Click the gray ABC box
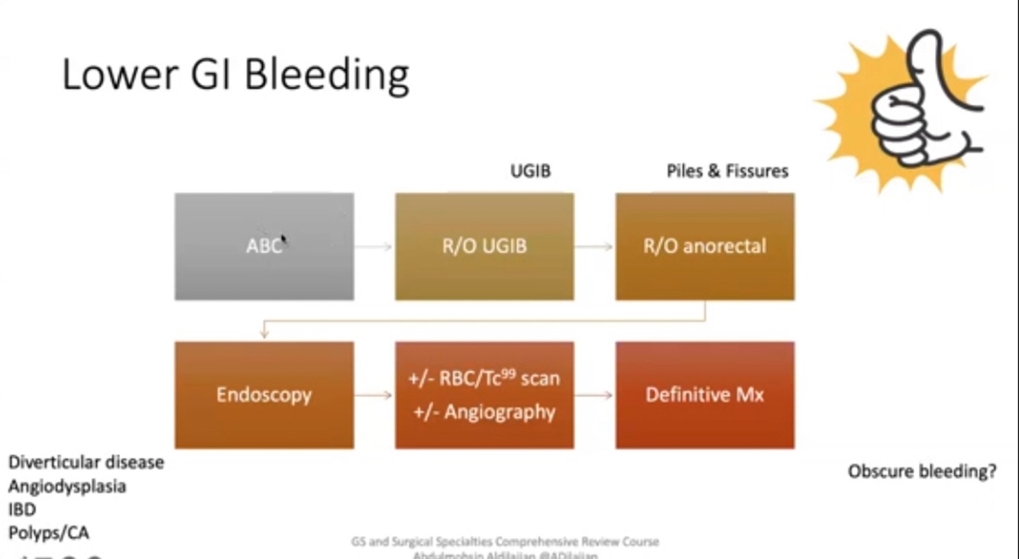coord(264,246)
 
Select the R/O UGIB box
coord(484,246)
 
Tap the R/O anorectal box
coord(704,246)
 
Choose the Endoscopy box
coord(264,395)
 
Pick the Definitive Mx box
coord(704,395)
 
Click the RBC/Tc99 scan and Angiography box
coord(484,395)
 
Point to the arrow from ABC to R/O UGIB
coord(374,247)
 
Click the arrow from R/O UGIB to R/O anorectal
coord(594,247)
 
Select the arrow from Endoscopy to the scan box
coord(374,395)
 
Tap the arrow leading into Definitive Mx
coord(594,395)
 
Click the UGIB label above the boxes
coord(530,171)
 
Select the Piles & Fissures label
coord(727,171)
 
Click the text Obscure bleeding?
coord(922,471)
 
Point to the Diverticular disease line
coord(86,462)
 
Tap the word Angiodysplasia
coord(67,486)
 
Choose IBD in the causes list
coord(22,509)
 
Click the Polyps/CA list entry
coord(49,532)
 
